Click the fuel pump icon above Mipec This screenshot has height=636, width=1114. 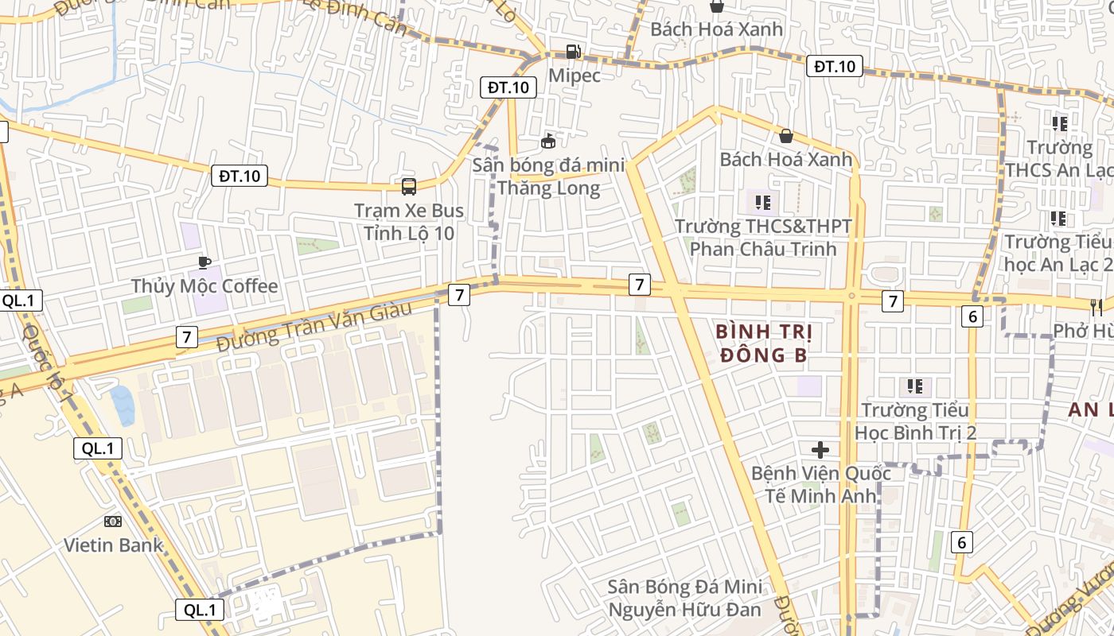573,52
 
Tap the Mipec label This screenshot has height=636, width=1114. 575,76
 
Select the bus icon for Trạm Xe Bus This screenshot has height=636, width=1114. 409,187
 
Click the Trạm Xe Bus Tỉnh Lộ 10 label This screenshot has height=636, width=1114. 409,222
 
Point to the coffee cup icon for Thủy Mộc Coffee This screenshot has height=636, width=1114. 204,262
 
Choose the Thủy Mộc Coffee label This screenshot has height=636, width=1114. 204,286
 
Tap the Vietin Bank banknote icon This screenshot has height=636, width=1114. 113,522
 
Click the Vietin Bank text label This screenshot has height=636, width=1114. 113,545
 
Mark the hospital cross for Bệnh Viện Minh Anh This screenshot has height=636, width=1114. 820,450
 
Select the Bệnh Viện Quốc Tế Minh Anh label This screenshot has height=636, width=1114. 821,485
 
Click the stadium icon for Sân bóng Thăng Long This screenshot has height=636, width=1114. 547,142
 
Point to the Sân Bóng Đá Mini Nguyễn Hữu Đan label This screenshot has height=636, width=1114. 684,599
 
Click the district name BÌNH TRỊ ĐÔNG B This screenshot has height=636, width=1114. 761,343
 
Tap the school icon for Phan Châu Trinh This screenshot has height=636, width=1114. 763,203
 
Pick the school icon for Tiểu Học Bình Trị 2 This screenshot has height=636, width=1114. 915,386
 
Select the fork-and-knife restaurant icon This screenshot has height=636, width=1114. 1096,307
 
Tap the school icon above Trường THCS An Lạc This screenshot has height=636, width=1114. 1060,123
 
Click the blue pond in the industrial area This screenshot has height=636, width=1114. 123,405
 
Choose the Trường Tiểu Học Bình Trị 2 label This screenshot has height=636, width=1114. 915,421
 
